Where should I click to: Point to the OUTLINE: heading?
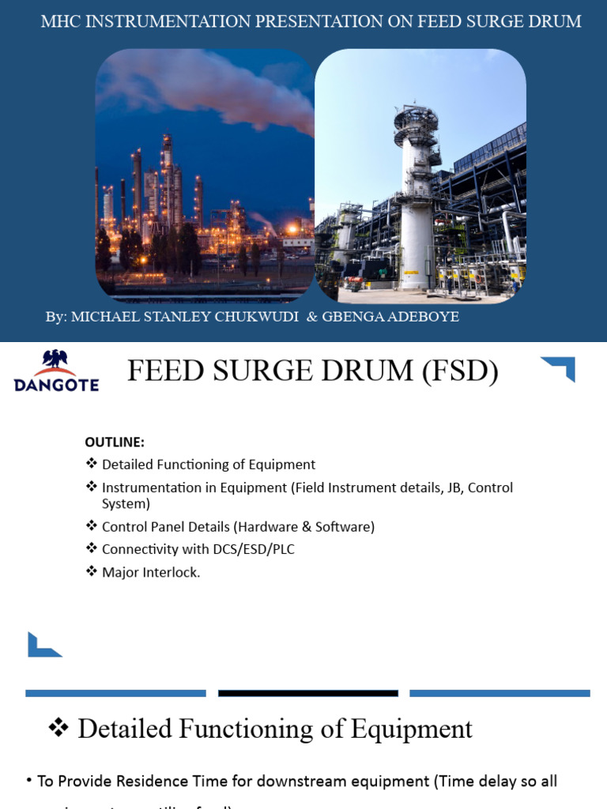115,442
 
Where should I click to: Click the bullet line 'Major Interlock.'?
151,572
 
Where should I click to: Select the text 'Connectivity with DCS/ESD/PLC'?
198,549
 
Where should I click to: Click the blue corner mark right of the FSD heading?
559,368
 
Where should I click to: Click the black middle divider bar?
307,694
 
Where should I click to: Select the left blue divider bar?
115,694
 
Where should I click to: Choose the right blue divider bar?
500,694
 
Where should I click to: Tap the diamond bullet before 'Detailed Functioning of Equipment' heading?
59,728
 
